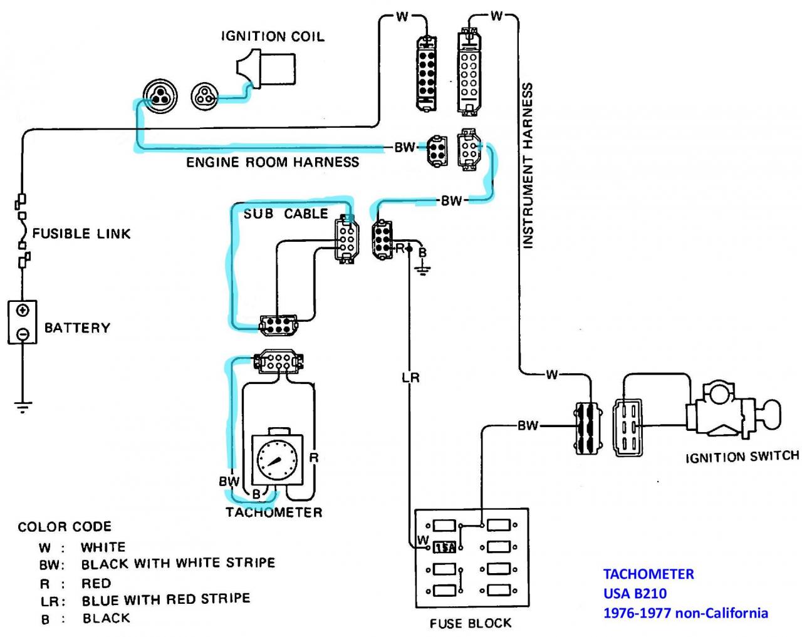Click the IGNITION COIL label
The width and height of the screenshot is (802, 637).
[x=273, y=36]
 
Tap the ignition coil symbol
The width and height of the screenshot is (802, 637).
[x=266, y=70]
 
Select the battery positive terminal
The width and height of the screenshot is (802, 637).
[x=23, y=310]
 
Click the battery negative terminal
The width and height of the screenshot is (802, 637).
[x=23, y=333]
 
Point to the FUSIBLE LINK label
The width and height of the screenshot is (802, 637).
[x=81, y=234]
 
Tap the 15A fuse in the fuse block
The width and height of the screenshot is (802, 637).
[x=444, y=547]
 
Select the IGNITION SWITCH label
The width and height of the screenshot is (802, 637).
[x=742, y=457]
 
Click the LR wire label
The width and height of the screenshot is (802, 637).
[x=410, y=378]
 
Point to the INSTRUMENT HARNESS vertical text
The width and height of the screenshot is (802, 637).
[x=528, y=165]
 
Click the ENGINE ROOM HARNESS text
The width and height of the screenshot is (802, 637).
[x=273, y=162]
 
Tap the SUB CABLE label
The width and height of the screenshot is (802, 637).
[x=286, y=214]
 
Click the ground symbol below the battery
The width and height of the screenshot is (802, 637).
[x=23, y=407]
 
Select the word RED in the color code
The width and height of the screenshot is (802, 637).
[x=96, y=583]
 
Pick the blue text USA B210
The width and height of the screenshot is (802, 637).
[x=635, y=593]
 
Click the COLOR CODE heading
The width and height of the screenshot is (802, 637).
[x=65, y=526]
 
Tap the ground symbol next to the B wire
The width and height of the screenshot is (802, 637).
[x=422, y=270]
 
